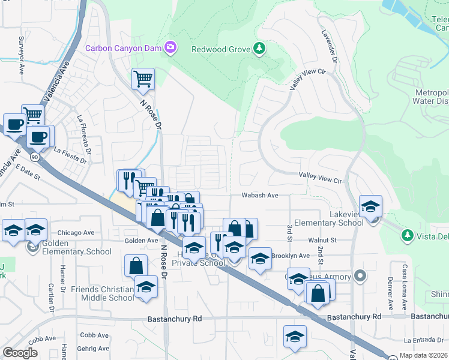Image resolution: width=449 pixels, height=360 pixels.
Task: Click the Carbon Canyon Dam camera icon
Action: pyautogui.click(x=170, y=47)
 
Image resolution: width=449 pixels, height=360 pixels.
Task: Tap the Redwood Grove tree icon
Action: pyautogui.click(x=259, y=48)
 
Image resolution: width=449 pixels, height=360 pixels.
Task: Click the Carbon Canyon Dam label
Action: pyautogui.click(x=124, y=47)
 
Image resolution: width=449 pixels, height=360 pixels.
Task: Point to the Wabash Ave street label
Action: pyautogui.click(x=260, y=195)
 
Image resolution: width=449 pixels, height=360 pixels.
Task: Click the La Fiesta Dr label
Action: pyautogui.click(x=72, y=152)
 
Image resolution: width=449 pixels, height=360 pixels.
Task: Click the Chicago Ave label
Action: pyautogui.click(x=76, y=233)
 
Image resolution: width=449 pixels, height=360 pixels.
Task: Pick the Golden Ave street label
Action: pyautogui.click(x=140, y=241)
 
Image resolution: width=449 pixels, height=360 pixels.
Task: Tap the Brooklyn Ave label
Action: pyautogui.click(x=291, y=256)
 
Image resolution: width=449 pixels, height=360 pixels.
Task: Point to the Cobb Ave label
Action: pyautogui.click(x=94, y=335)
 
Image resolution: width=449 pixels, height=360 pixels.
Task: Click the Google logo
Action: pyautogui.click(x=20, y=353)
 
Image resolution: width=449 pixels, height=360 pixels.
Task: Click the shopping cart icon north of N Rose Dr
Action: pyautogui.click(x=143, y=79)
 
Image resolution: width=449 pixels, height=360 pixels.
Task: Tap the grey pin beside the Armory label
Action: pyautogui.click(x=360, y=276)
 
